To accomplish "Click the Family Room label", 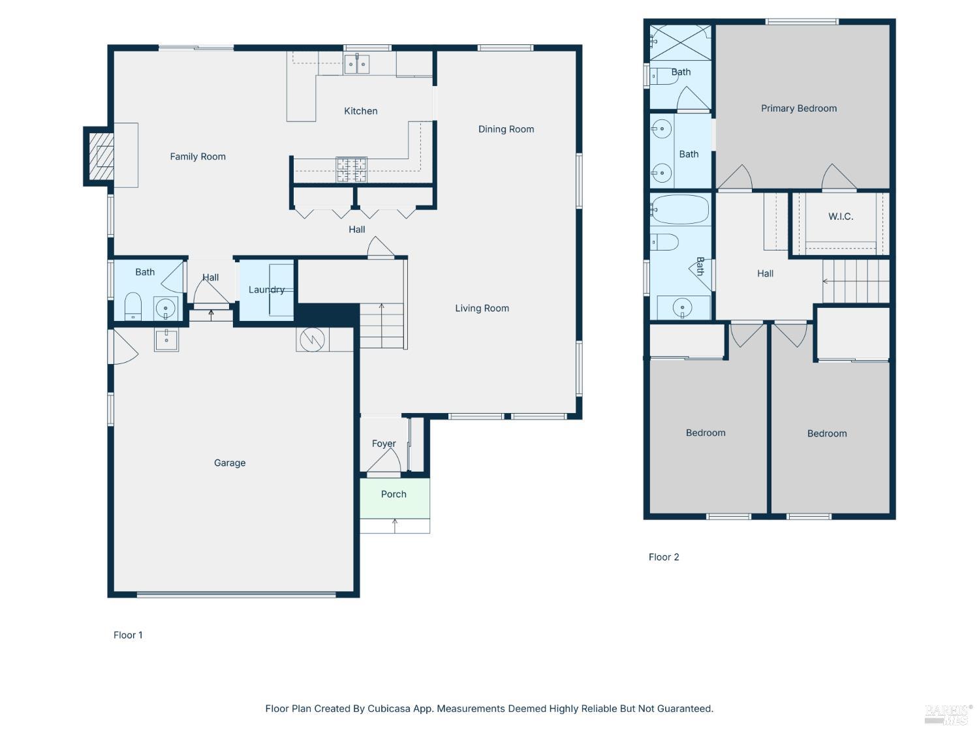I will (x=198, y=157).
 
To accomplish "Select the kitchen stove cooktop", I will (x=351, y=170).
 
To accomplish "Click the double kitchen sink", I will (x=357, y=65).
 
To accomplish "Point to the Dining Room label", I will (x=506, y=129).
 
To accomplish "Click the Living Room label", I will (x=482, y=308).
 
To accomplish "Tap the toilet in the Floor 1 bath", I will (x=133, y=307).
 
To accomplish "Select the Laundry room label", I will (x=266, y=290).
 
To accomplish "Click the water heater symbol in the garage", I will (x=312, y=339).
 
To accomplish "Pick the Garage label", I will (x=230, y=463).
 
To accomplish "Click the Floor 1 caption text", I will (x=128, y=635).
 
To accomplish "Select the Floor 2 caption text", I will (x=664, y=557).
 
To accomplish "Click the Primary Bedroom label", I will (x=798, y=108).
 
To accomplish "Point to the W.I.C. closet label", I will (x=841, y=217).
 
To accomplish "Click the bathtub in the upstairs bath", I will (x=680, y=209).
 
